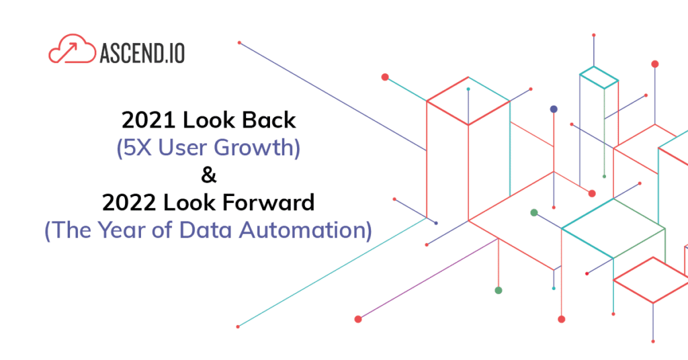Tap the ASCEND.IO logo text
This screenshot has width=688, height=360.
point(142,53)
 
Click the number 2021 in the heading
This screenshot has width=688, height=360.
point(148,120)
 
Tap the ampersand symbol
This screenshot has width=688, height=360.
point(209,175)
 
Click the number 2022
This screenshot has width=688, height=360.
point(129,203)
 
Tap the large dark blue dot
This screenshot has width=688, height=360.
point(554,109)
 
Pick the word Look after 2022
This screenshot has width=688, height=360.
point(189,203)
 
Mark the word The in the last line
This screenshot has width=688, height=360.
point(71,230)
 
